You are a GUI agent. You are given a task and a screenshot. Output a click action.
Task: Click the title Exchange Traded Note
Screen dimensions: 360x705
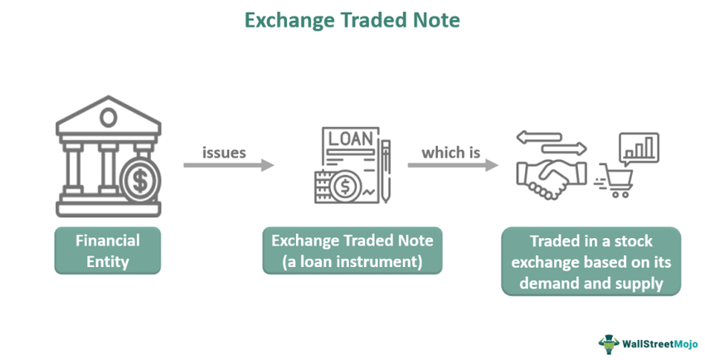(352, 19)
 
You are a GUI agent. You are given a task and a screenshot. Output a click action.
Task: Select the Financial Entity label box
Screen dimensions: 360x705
(108, 251)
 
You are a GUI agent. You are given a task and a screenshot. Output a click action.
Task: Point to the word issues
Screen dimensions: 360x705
(224, 153)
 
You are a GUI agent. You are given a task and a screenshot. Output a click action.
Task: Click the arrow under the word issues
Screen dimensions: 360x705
(228, 166)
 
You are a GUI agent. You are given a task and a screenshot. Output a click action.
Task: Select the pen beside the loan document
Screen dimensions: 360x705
(387, 166)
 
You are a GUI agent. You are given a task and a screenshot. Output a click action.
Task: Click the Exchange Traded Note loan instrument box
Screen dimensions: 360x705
(352, 251)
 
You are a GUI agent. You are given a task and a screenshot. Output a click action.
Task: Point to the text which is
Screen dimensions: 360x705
(453, 153)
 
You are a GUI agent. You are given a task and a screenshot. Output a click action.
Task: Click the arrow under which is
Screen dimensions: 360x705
(452, 166)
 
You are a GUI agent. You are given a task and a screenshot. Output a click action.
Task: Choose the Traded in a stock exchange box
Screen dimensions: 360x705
(591, 262)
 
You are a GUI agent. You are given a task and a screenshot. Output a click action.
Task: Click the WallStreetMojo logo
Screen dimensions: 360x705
(645, 342)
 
